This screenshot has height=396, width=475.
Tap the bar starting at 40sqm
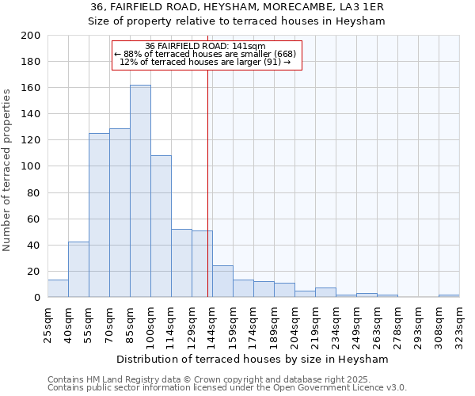(x=78, y=269)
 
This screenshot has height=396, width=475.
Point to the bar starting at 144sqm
(x=222, y=282)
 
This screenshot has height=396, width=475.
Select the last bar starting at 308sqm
(x=449, y=295)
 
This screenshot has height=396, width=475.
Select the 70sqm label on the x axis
(x=109, y=322)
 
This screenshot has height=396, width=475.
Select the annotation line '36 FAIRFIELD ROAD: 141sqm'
(x=206, y=46)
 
